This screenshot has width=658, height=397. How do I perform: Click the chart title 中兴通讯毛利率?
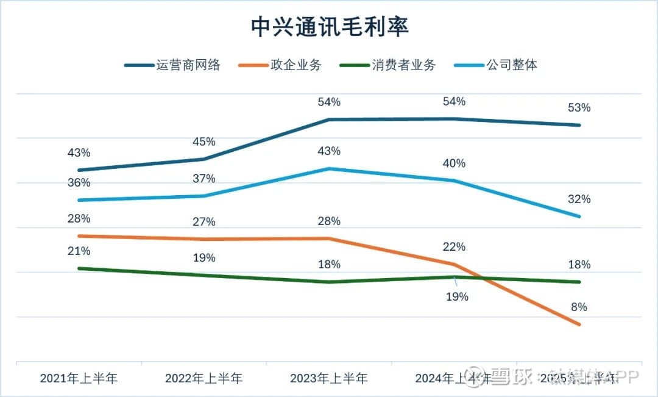[x=330, y=27]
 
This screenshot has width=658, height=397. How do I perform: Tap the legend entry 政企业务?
[x=295, y=65]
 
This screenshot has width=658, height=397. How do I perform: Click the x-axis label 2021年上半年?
[x=79, y=379]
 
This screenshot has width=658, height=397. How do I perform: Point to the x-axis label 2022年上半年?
[x=203, y=379]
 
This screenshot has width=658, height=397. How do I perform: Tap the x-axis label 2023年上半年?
[x=329, y=379]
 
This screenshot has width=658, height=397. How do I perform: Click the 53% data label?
[x=579, y=108]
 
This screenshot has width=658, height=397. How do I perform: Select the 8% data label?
[x=579, y=307]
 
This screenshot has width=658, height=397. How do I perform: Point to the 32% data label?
[x=579, y=199]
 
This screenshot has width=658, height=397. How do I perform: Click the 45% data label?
[x=203, y=142]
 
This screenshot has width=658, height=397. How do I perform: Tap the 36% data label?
[x=79, y=183]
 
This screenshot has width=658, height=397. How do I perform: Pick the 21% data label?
[x=79, y=251]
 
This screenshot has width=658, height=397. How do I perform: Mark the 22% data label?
[x=454, y=247]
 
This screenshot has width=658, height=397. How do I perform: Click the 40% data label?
[x=454, y=163]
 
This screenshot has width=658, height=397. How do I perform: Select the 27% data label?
[x=203, y=221]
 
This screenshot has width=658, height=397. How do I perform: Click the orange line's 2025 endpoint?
[x=579, y=324]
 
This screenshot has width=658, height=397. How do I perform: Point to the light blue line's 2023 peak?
[x=329, y=168]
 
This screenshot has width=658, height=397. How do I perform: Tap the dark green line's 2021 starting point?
[x=79, y=268]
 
